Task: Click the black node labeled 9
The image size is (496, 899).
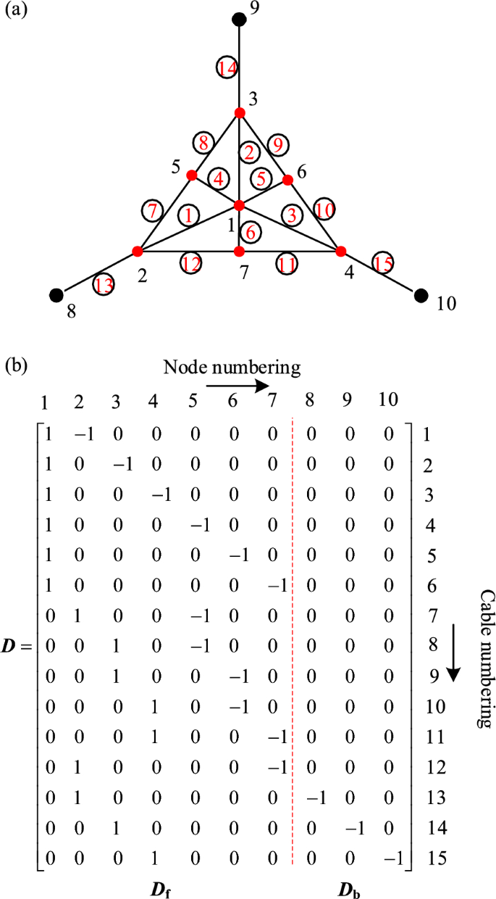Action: point(240,19)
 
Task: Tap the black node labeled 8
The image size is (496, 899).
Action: point(55,294)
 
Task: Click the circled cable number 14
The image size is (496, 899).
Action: point(227,69)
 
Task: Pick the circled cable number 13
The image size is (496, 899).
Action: point(104,286)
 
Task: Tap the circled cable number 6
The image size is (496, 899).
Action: point(251,233)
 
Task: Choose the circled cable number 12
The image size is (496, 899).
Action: point(192,264)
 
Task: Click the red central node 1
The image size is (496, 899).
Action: point(240,205)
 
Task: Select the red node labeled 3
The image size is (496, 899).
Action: point(240,112)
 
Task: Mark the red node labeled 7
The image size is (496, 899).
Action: point(240,252)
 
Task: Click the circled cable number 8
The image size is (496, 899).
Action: point(203,143)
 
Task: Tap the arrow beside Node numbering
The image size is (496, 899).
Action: point(237,386)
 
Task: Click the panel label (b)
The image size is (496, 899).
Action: point(16,365)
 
